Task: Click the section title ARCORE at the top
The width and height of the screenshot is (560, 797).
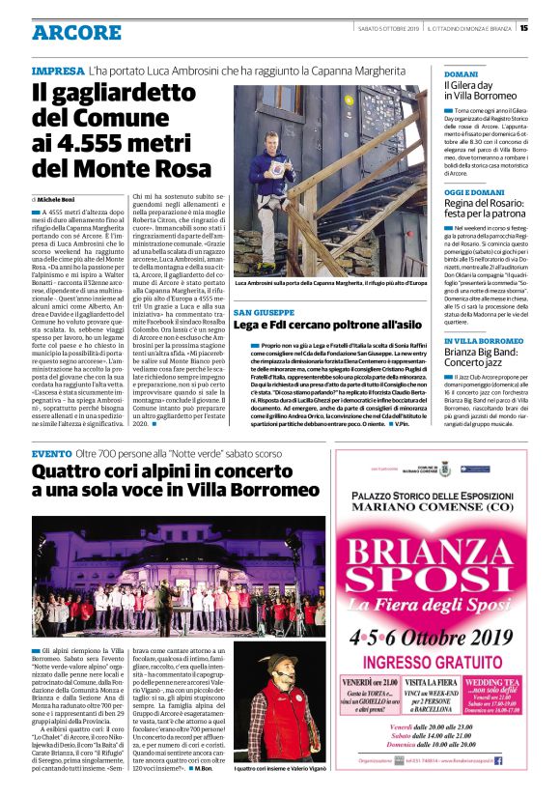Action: pos(75,33)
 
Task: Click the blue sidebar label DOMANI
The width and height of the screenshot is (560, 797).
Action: pos(461,73)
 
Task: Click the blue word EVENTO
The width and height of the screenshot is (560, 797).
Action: pos(51,454)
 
